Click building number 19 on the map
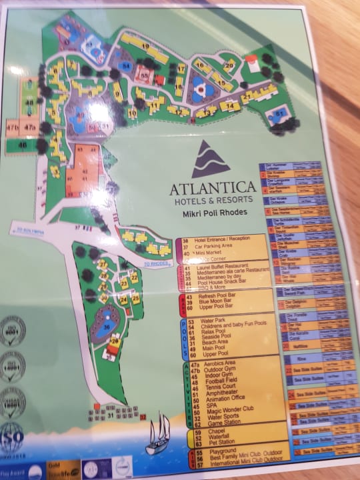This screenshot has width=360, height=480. pos(144,45)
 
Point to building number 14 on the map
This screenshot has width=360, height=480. pos(230,105)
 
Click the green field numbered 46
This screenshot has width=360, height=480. pos(24,144)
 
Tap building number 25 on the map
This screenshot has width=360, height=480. pos(135,299)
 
